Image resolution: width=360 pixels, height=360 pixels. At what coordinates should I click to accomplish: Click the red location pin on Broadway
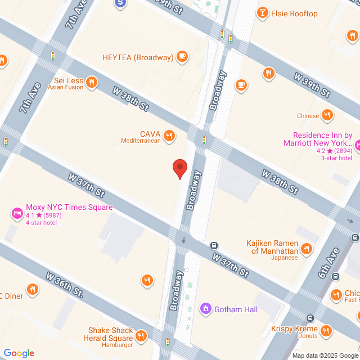179,168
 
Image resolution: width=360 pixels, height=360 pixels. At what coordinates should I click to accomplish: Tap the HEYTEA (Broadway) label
137,57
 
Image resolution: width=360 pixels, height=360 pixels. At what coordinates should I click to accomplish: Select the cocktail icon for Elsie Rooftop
262,13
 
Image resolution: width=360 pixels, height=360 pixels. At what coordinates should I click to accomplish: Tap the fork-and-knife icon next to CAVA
168,136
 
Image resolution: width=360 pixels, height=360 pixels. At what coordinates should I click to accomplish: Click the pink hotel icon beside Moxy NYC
17,214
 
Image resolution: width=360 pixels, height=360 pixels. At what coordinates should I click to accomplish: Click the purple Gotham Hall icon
206,309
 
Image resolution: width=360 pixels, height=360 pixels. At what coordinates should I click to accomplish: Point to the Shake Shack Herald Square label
110,334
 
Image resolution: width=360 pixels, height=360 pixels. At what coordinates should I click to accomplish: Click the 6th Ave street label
328,263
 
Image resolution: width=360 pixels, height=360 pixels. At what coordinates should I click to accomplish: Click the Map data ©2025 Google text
325,355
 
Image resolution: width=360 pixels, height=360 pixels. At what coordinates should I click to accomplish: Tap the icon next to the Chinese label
327,116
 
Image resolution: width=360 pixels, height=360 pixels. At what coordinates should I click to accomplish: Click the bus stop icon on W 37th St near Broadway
214,245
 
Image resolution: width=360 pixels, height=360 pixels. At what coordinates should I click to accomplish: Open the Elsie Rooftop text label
294,13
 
